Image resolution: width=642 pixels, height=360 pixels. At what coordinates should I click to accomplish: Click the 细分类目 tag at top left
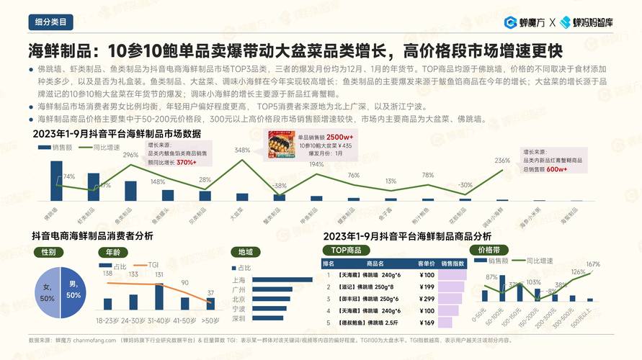tap(50, 22)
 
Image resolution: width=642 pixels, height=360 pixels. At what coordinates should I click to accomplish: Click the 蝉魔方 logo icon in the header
tap(509, 22)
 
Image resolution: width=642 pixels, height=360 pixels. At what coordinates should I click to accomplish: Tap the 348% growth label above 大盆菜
tap(242, 150)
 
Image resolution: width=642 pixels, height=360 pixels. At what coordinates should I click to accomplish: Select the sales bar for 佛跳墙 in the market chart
tap(56, 180)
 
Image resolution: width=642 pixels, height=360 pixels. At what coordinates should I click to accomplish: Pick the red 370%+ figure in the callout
tap(187, 163)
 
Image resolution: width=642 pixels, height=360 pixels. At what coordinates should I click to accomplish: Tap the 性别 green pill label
tap(49, 252)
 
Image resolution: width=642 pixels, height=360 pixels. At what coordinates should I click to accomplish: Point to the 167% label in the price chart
tap(593, 265)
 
